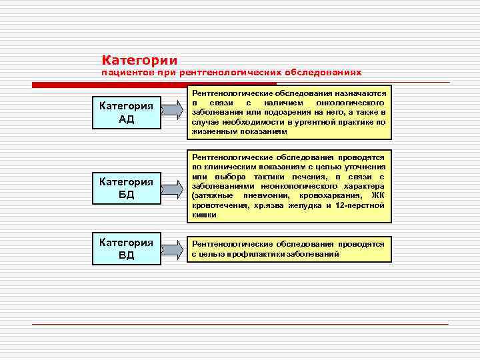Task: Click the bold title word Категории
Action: pos(139,60)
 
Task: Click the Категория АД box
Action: pos(126,112)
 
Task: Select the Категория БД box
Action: pos(126,188)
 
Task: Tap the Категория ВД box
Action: pos(126,249)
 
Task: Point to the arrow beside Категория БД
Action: pos(171,190)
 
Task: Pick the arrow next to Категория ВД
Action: pos(171,250)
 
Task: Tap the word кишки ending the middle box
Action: pos(203,215)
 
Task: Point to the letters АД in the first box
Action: pos(126,119)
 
